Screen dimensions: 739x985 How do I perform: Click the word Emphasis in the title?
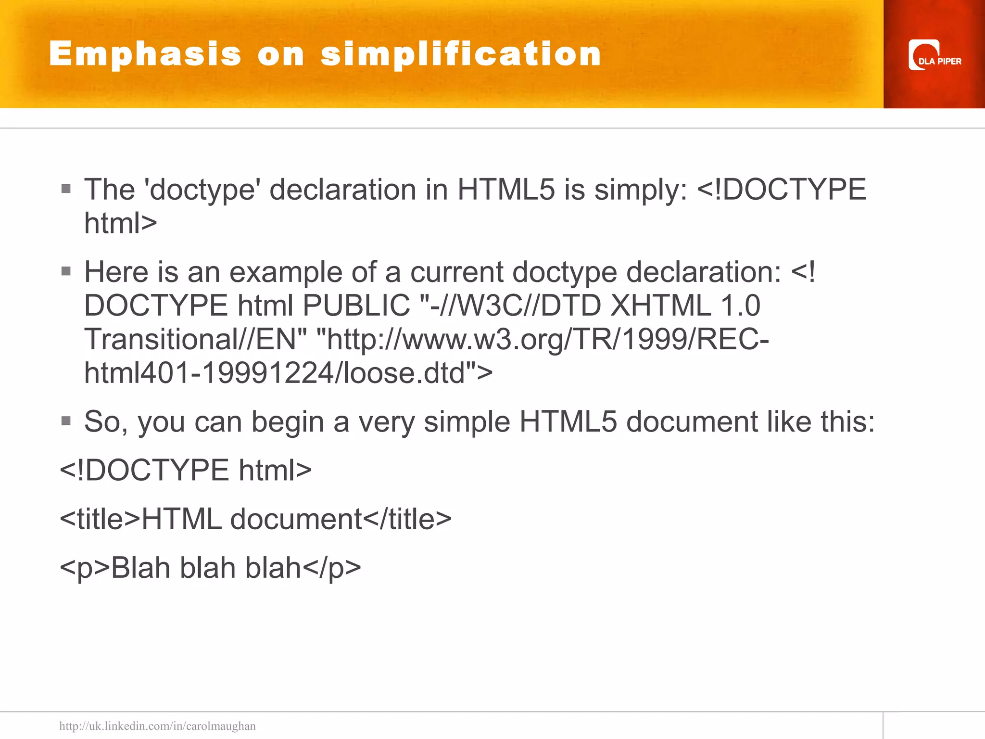[x=145, y=54]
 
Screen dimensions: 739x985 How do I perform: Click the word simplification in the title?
[x=461, y=54]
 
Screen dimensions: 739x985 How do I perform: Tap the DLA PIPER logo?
[x=934, y=55]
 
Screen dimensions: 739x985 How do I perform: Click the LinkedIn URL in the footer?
[x=157, y=726]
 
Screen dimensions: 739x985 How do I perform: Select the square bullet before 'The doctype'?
[x=66, y=189]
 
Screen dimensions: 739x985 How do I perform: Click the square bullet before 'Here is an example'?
[x=66, y=271]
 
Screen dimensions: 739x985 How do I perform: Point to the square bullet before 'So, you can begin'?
[x=66, y=421]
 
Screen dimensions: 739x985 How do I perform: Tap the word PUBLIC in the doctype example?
[x=356, y=306]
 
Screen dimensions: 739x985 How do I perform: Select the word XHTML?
[x=660, y=306]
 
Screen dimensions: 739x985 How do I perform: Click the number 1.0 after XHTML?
[x=740, y=306]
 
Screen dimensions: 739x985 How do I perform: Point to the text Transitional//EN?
[x=195, y=340]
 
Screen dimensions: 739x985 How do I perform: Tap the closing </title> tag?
[x=407, y=519]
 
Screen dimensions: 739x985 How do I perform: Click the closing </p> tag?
[x=332, y=568]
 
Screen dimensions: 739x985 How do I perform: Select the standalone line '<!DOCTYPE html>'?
[x=186, y=470]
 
